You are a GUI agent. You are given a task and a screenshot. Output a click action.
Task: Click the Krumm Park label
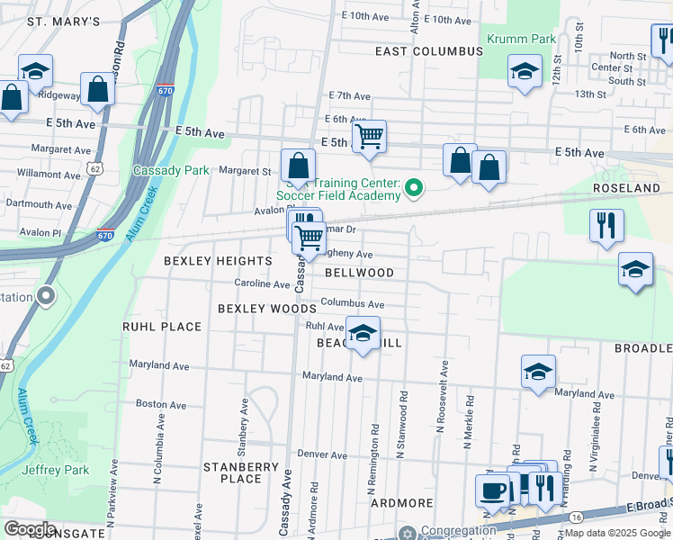pyautogui.click(x=521, y=39)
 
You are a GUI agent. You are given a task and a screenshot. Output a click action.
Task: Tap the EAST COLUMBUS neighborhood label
pyautogui.click(x=429, y=51)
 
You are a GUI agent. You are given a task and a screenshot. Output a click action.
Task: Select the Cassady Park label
pyautogui.click(x=171, y=170)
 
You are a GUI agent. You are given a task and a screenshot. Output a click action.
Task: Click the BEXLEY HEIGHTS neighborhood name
pyautogui.click(x=218, y=261)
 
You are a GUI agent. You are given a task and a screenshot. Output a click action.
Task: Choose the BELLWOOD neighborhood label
pyautogui.click(x=359, y=273)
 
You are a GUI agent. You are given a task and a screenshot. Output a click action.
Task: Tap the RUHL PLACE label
pyautogui.click(x=162, y=327)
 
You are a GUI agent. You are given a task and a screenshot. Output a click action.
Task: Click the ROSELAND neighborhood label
pyautogui.click(x=628, y=188)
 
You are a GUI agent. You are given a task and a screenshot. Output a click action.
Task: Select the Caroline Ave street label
pyautogui.click(x=262, y=284)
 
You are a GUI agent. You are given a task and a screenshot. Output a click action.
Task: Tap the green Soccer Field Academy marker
pyautogui.click(x=414, y=188)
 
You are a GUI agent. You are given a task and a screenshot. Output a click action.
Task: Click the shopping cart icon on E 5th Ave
pyautogui.click(x=368, y=138)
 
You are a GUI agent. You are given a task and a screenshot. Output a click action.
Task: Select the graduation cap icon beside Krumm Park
pyautogui.click(x=525, y=72)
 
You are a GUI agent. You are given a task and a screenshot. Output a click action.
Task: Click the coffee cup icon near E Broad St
pyautogui.click(x=492, y=490)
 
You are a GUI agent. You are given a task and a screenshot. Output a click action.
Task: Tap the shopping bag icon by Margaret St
pyautogui.click(x=298, y=166)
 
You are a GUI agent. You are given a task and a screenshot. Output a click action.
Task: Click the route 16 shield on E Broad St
pyautogui.click(x=576, y=517)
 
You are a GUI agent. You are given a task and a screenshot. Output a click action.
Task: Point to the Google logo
pyautogui.click(x=31, y=528)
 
